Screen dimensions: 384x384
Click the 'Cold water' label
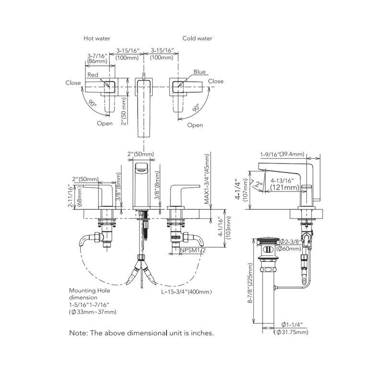pos(197,38)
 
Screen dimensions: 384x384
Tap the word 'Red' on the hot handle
pos(92,75)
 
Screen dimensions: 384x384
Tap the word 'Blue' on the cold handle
pos(199,72)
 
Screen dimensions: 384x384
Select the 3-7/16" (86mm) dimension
pos(97,58)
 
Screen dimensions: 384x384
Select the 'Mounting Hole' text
pos(89,291)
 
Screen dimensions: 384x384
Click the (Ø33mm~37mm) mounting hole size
pos(93,312)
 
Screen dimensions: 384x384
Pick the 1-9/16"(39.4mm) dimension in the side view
pos(282,154)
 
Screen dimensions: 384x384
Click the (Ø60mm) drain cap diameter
pos(292,249)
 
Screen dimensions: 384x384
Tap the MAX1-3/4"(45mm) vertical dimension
pos(207,180)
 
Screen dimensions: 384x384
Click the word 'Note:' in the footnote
pos(78,332)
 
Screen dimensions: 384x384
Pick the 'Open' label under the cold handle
pos(194,125)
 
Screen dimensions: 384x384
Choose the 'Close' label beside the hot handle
pos(73,83)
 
